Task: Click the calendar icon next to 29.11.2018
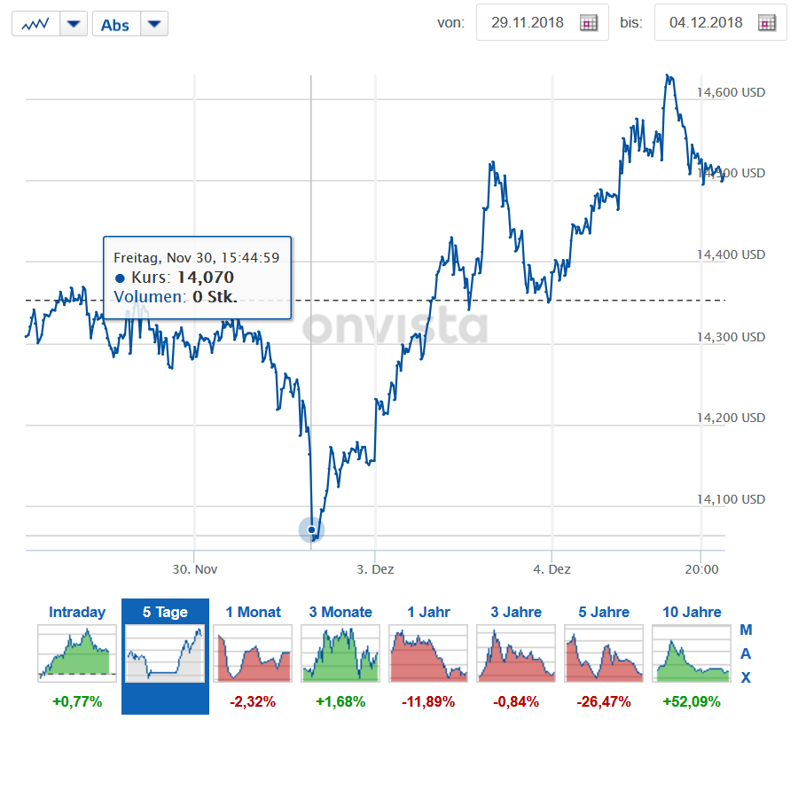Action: tap(589, 23)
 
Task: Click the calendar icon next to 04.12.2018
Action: tap(767, 23)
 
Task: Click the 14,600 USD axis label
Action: tap(731, 92)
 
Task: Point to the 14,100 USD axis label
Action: tap(731, 499)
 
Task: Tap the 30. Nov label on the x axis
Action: tap(194, 569)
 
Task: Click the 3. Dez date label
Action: tap(375, 569)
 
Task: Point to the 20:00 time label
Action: tap(700, 569)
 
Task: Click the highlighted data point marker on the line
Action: tap(311, 530)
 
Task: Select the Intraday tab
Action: tap(77, 612)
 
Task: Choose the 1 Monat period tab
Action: tap(253, 612)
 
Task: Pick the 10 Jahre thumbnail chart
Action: tap(691, 653)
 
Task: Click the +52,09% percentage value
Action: tap(691, 701)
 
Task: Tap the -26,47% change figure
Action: tap(603, 701)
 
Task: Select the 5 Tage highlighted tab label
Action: tap(165, 612)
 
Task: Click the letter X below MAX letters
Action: tap(746, 677)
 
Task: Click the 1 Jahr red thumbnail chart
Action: tap(428, 653)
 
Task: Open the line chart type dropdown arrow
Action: tap(74, 24)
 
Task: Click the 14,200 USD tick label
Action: tap(731, 418)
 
